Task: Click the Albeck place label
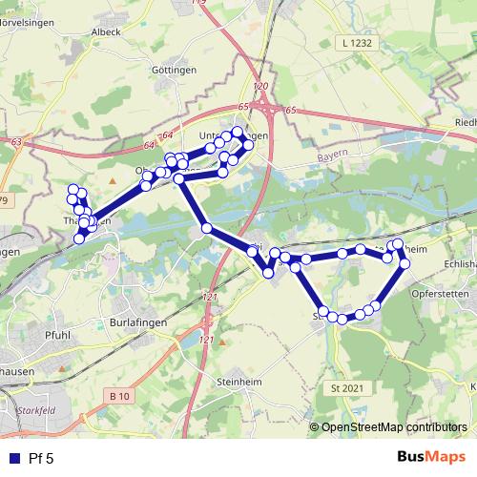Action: coord(106,31)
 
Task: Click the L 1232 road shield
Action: coord(357,44)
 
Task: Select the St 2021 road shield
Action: coord(348,388)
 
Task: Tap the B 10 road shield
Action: coord(119,396)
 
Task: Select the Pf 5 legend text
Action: coord(41,458)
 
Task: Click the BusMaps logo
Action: coord(432,457)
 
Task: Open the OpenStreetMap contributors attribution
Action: coord(393,427)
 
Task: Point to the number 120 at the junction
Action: coord(262,87)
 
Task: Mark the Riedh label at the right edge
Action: coord(466,122)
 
